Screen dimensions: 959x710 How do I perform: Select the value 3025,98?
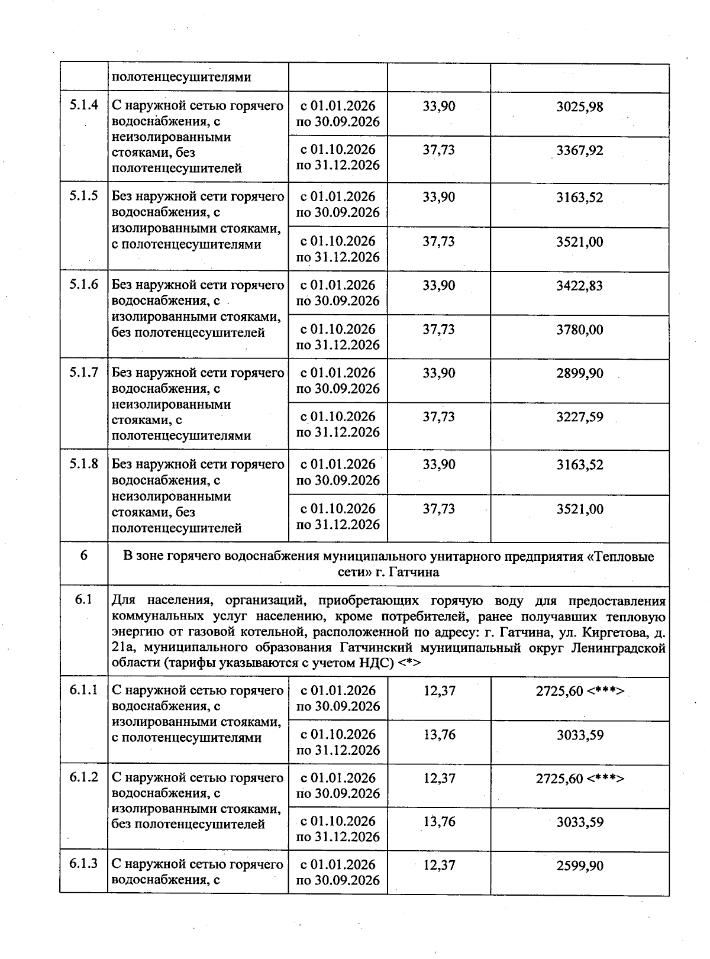[579, 106]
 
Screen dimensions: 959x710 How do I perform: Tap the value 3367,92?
[579, 150]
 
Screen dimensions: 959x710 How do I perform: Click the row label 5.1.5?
[83, 196]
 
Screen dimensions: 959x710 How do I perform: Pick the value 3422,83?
[579, 286]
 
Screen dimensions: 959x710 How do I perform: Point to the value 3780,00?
[579, 330]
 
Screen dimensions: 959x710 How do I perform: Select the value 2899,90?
[579, 373]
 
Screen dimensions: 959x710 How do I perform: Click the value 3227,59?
[579, 417]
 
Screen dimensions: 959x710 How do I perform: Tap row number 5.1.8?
[83, 464]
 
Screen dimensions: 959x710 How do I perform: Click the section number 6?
[83, 556]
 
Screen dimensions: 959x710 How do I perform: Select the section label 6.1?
[83, 600]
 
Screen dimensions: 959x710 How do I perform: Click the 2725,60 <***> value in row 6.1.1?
[579, 691]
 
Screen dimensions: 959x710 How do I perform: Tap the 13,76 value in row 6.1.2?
[439, 822]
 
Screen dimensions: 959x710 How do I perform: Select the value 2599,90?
[579, 866]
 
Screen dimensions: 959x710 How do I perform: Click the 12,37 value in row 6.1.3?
[439, 865]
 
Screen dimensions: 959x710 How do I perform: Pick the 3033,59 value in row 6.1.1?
[579, 735]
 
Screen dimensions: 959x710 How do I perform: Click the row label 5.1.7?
[83, 373]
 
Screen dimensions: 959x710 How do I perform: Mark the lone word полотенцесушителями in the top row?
[181, 77]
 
